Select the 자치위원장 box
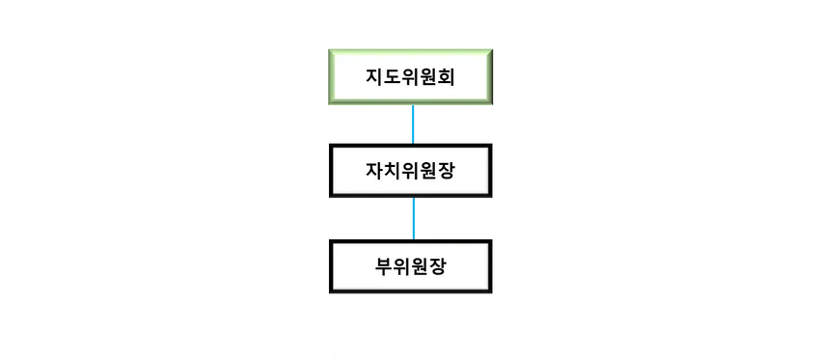click(x=411, y=171)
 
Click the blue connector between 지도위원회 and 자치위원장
click(x=412, y=125)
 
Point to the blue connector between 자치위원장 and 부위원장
click(x=412, y=218)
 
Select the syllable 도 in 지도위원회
click(x=394, y=76)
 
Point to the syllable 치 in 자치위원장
click(x=394, y=171)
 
